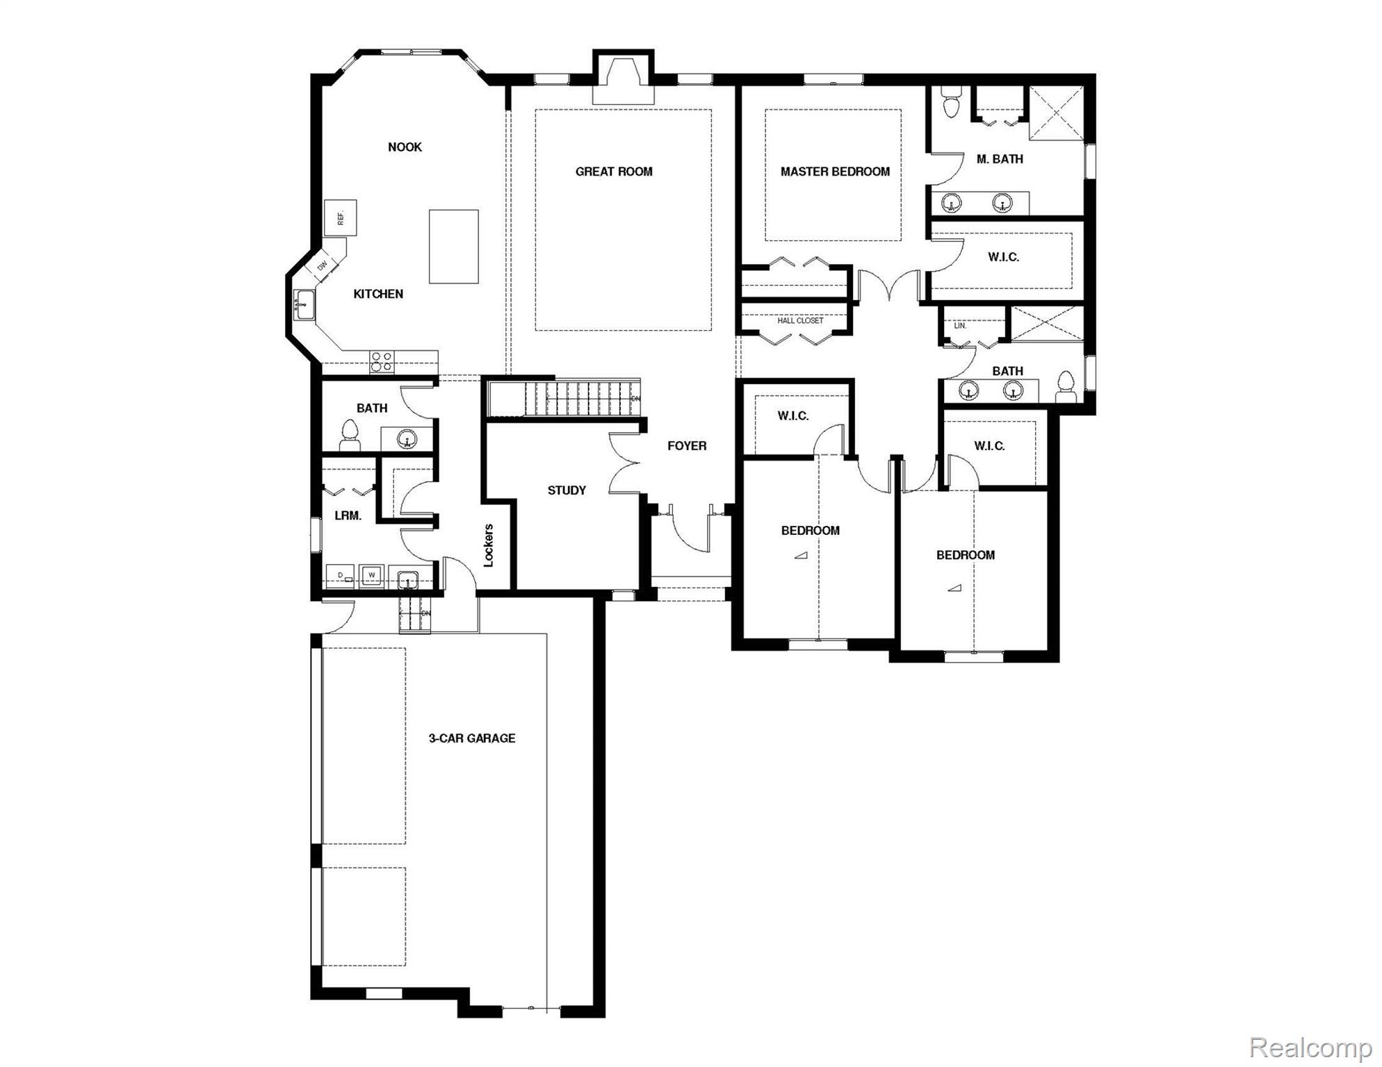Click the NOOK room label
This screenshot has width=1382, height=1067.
pos(405,147)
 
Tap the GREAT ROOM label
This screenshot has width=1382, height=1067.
pos(614,172)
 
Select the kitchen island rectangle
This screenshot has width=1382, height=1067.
pos(453,246)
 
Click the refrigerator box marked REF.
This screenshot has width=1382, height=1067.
pos(341,218)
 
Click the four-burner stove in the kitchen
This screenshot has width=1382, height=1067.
pos(381,362)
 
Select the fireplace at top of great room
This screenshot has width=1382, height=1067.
pos(623,82)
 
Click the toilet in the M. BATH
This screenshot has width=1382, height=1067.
pos(950,102)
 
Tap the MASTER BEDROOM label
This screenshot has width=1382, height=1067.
pos(835,172)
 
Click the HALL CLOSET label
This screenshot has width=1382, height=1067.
pos(800,321)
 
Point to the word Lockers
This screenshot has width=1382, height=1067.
pos(488,545)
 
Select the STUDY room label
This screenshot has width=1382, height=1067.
pos(567,490)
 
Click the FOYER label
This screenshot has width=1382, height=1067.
pos(687,446)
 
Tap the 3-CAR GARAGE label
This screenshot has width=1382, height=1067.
pos(472,738)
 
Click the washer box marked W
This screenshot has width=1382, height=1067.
pos(372,575)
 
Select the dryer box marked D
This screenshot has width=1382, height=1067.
pos(341,575)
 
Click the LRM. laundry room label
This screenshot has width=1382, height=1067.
pos(348,516)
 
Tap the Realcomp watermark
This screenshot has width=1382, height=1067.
pos(1310,1048)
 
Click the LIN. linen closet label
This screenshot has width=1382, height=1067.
pos(960,325)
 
